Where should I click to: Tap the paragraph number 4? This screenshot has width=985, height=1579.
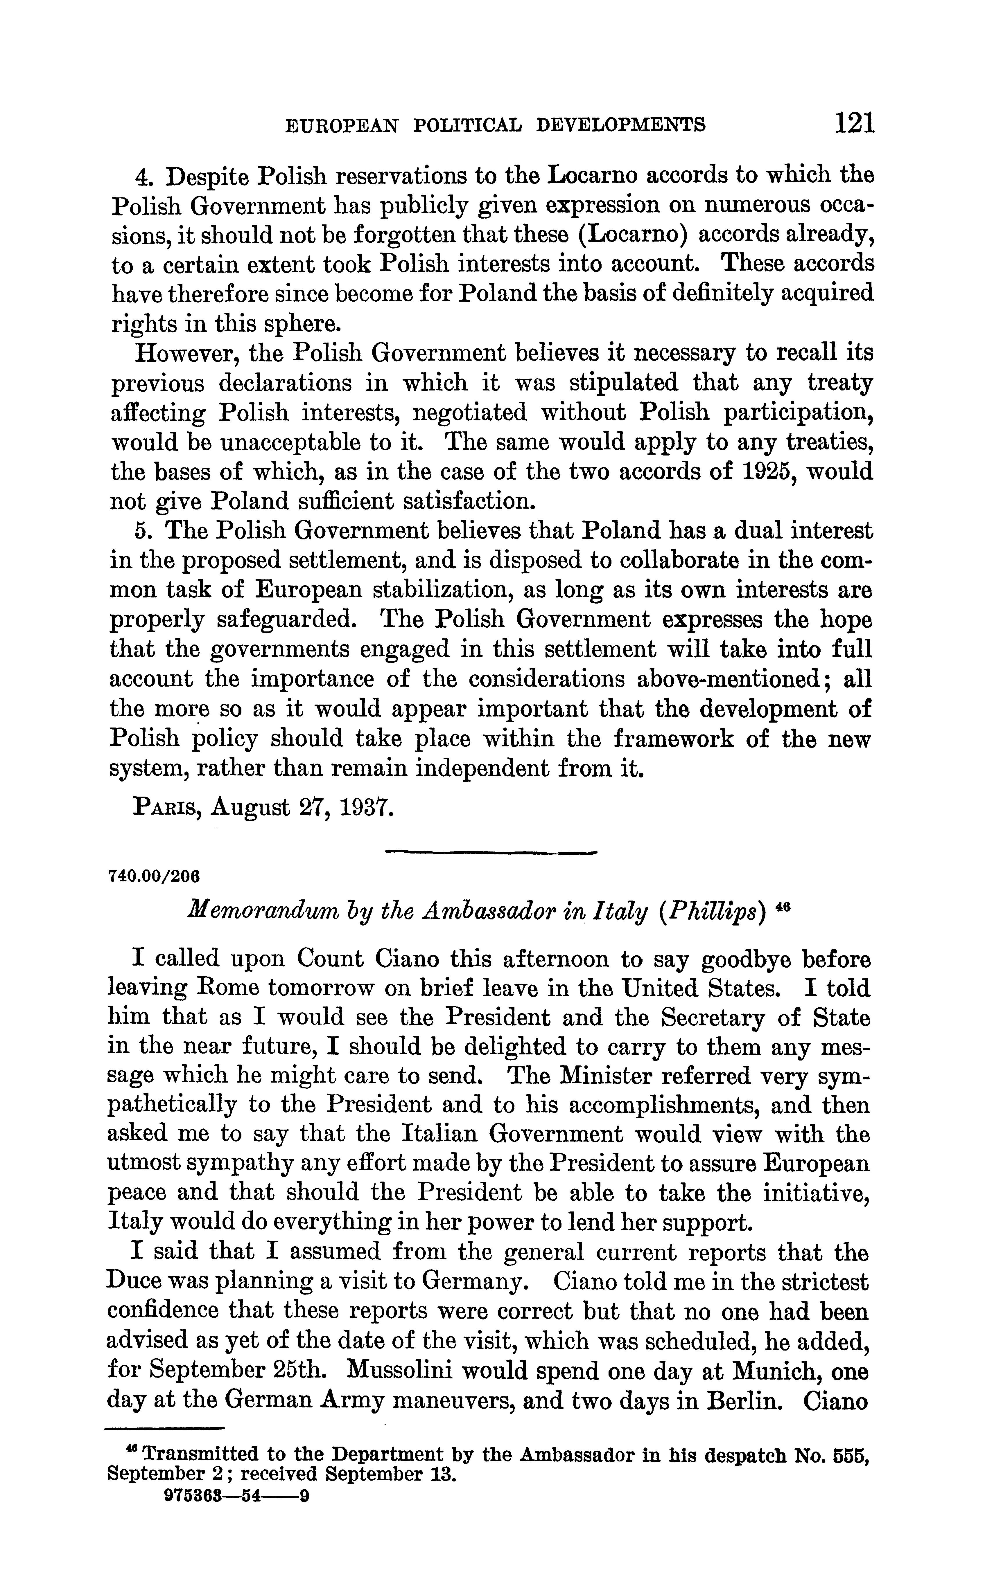pyautogui.click(x=143, y=177)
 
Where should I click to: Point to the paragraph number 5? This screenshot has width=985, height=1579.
pyautogui.click(x=143, y=531)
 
